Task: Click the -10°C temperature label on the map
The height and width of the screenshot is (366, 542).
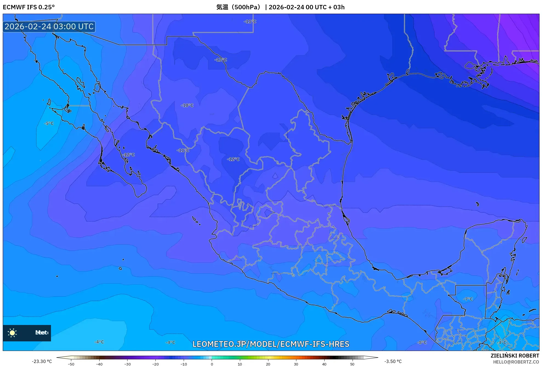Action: pos(187,105)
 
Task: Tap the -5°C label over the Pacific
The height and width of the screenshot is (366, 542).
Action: pos(49,123)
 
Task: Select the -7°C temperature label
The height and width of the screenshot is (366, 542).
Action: pos(468,299)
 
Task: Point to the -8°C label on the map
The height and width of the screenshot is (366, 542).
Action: pos(422,342)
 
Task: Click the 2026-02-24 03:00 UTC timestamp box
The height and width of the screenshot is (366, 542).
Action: pos(49,27)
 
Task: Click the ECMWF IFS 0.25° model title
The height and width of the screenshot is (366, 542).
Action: pos(29,7)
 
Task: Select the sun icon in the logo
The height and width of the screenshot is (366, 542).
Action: pos(12,333)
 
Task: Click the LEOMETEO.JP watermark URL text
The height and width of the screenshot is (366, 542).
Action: pos(271,344)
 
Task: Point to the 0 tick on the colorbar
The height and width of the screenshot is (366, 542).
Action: pos(212,364)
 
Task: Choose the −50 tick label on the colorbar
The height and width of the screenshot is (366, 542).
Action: pos(71,364)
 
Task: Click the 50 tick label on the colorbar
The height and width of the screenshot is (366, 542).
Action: pos(352,364)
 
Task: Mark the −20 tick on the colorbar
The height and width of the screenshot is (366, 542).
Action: pos(155,364)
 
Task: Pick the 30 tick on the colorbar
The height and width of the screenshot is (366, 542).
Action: pos(296,364)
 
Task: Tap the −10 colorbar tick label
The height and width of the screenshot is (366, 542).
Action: pos(184,364)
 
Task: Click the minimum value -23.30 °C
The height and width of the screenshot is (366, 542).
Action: pos(42,361)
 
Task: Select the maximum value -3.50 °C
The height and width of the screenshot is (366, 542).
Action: pos(393,361)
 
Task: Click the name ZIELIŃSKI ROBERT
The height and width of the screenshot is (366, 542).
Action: pos(515,356)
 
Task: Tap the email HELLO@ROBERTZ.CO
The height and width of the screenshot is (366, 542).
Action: pos(516,362)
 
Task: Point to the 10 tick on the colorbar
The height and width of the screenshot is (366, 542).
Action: pos(240,364)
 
